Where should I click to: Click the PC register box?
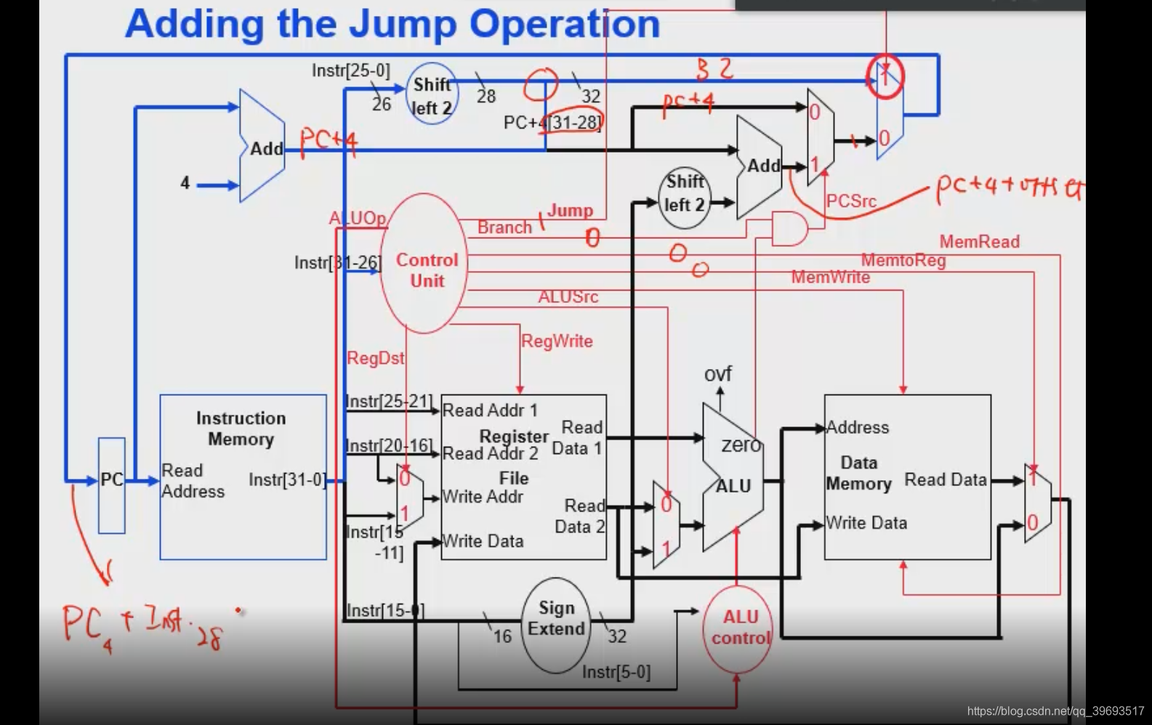111,485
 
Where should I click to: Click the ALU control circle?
738,628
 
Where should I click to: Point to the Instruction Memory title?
241,429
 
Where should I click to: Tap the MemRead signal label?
979,242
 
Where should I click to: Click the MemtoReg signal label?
903,260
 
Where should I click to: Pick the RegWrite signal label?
557,341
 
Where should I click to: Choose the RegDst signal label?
375,358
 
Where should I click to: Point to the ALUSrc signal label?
568,296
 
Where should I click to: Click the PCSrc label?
851,201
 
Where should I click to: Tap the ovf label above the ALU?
717,374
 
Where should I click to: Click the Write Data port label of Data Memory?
866,523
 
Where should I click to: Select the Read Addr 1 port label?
490,410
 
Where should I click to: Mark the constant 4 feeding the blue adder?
185,183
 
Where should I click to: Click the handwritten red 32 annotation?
714,70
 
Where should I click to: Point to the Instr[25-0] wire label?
350,70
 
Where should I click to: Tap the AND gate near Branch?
789,228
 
